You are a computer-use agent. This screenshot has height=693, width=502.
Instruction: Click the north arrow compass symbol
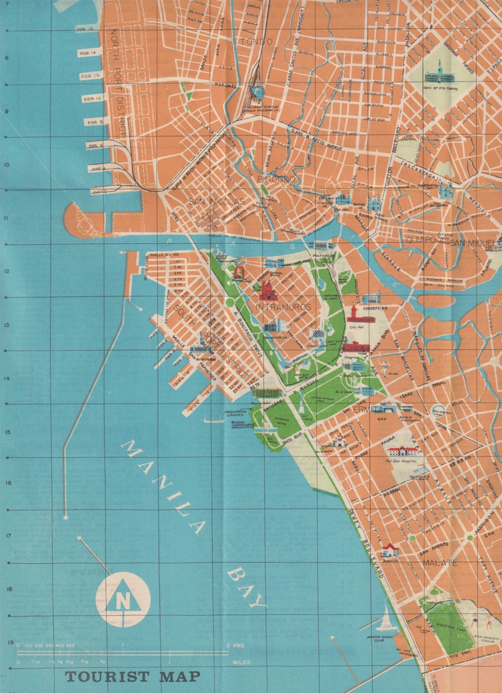tap(123, 599)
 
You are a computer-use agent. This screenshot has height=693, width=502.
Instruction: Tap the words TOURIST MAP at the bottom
tap(132, 676)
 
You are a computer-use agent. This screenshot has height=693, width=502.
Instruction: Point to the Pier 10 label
tap(91, 99)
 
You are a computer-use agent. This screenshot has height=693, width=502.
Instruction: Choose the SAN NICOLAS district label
tap(216, 202)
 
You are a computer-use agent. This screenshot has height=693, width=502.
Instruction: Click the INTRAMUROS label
tap(283, 307)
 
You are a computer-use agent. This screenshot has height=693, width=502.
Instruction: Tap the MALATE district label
tap(440, 562)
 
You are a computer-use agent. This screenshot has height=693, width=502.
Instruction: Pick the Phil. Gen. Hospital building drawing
tap(403, 451)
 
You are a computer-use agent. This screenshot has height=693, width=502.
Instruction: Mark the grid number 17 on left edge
tap(8, 535)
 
